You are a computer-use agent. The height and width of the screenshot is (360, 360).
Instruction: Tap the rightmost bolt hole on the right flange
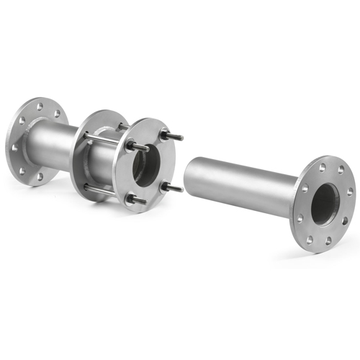348,193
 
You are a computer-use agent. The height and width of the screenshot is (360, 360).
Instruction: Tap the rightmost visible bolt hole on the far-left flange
57,113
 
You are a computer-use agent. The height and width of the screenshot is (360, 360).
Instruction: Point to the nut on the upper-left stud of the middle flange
133,145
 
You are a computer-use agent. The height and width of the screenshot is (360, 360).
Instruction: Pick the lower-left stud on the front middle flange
132,199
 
